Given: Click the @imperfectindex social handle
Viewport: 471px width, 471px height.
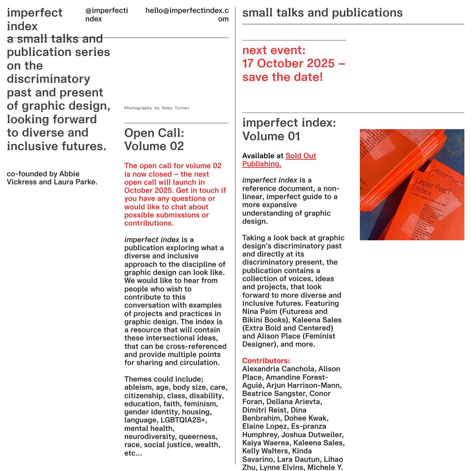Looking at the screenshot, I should pyautogui.click(x=106, y=15).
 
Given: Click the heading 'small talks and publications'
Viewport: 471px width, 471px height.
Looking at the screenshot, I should pyautogui.click(x=322, y=13).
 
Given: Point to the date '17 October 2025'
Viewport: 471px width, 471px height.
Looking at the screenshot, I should pyautogui.click(x=288, y=64).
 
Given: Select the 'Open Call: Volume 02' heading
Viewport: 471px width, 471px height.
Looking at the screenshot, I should pyautogui.click(x=154, y=139).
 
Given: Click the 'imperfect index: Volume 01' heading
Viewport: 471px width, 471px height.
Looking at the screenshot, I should pyautogui.click(x=289, y=130).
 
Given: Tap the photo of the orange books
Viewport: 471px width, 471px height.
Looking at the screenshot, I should pyautogui.click(x=412, y=185).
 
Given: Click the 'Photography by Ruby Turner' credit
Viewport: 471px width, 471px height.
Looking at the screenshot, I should pyautogui.click(x=157, y=108).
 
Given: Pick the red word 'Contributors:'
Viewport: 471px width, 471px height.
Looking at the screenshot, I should pyautogui.click(x=266, y=361).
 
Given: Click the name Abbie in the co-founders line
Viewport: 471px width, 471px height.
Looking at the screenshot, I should pyautogui.click(x=69, y=174).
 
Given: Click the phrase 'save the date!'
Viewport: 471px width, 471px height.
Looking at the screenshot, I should pyautogui.click(x=282, y=77).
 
